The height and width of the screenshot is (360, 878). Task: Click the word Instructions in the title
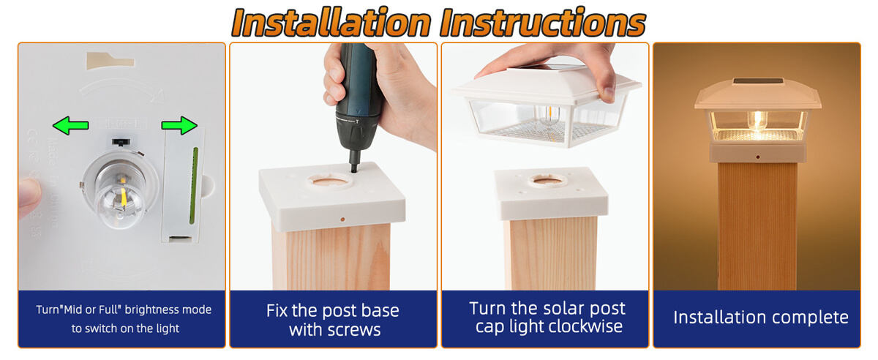point(541,22)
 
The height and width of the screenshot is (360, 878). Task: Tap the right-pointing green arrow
point(179,127)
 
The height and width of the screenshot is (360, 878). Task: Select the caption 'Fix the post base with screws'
point(334,320)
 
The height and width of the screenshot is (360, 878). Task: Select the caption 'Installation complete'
point(760,318)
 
